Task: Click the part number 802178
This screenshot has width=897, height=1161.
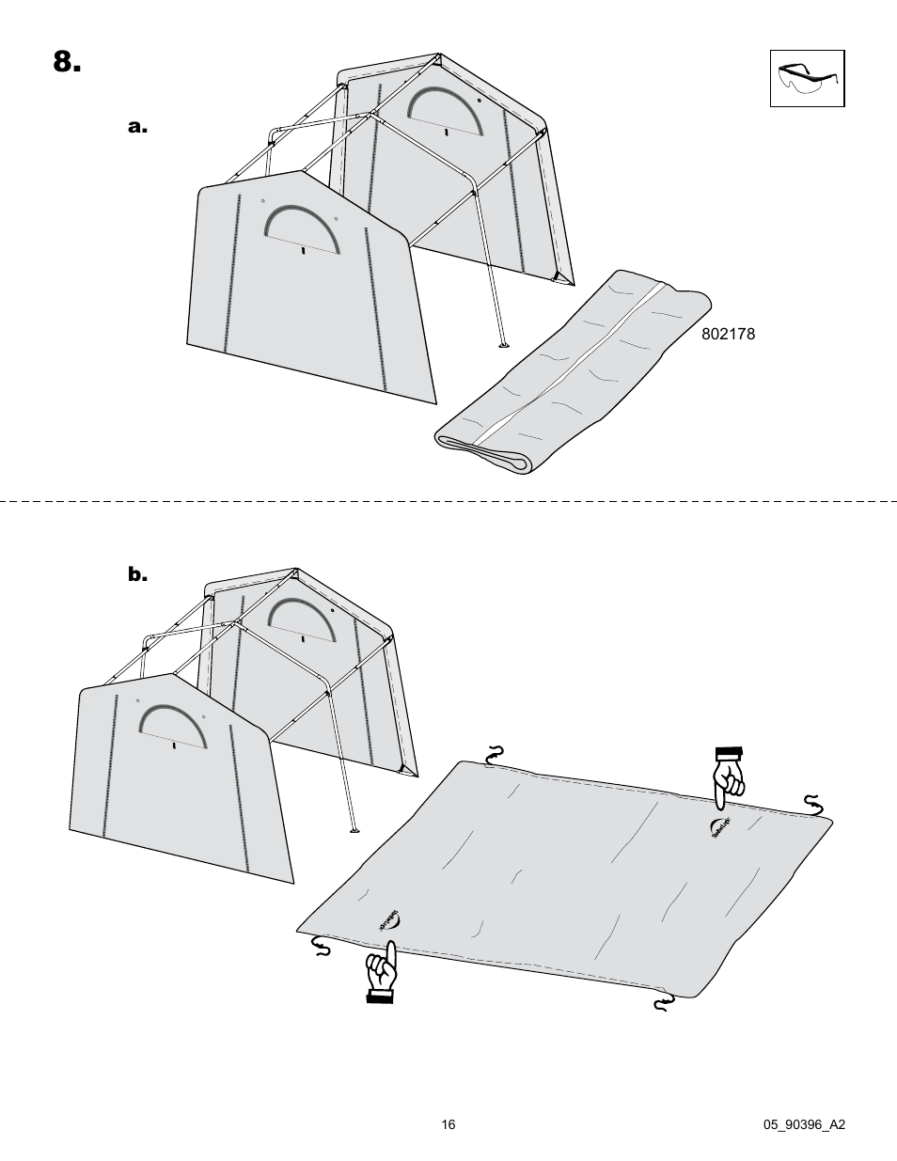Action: (728, 334)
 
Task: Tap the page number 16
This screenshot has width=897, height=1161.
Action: (448, 1124)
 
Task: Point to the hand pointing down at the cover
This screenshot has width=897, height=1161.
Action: (727, 776)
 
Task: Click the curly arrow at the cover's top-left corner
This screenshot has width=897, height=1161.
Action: (495, 755)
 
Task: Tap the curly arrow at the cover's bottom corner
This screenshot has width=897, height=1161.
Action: (664, 1005)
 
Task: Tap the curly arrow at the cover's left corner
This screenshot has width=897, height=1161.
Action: (323, 944)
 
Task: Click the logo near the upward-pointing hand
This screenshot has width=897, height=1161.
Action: (388, 920)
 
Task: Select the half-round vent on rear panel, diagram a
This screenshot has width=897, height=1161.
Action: (445, 105)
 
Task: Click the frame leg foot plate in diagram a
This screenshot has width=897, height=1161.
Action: (504, 344)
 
